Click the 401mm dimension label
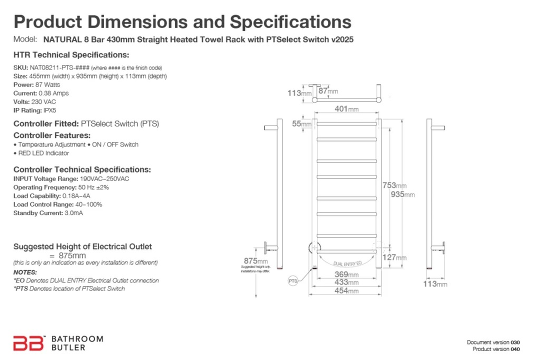click(346, 109)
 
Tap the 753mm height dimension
click(394, 185)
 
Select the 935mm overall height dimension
click(402, 194)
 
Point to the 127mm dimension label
click(394, 257)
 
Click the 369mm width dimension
click(346, 274)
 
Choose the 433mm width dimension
click(346, 282)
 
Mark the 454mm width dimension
click(346, 290)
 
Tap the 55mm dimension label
click(302, 123)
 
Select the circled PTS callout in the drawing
click(293, 281)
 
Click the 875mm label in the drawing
click(255, 260)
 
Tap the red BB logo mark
click(28, 343)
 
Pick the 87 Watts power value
click(48, 85)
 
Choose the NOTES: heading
click(25, 272)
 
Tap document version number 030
click(515, 342)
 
